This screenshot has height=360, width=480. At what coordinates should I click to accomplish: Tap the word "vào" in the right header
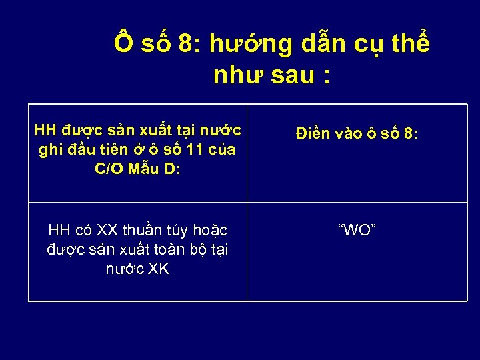click(x=350, y=133)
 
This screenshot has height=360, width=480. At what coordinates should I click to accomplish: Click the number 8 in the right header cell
click(x=408, y=133)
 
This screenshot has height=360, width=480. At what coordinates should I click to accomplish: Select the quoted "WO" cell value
click(x=357, y=231)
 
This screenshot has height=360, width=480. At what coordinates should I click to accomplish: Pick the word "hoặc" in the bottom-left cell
click(x=210, y=231)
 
